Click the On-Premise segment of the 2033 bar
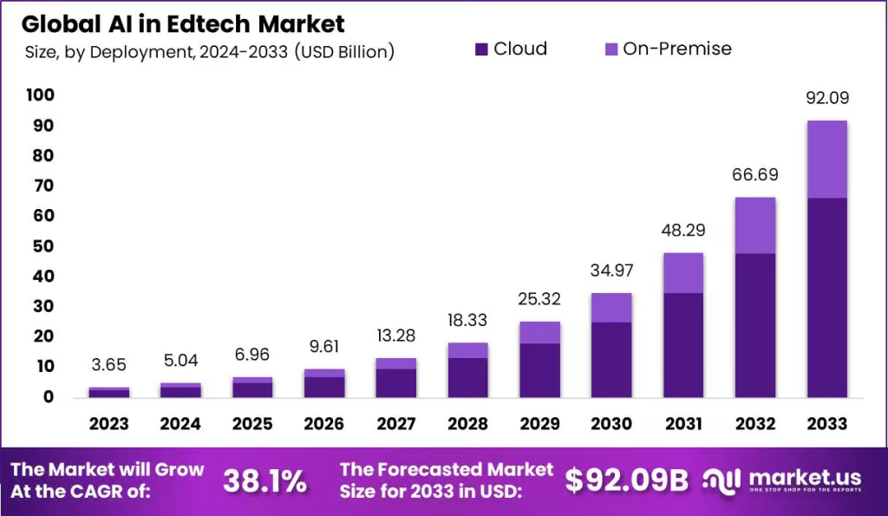[x=826, y=160]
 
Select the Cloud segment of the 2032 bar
[x=754, y=324]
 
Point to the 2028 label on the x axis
[x=467, y=424]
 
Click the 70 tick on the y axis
[x=43, y=186]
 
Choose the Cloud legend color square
[x=482, y=49]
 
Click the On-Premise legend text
[x=677, y=49]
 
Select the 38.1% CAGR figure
[x=264, y=481]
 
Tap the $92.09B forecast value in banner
[x=626, y=480]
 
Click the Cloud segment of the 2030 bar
[x=611, y=359]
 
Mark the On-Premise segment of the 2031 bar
[x=682, y=272]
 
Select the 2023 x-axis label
[x=108, y=424]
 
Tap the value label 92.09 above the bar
[x=826, y=98]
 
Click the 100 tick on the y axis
[x=40, y=95]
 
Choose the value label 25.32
[x=539, y=299]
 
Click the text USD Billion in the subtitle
[x=344, y=53]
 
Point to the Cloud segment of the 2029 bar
[x=539, y=369]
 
